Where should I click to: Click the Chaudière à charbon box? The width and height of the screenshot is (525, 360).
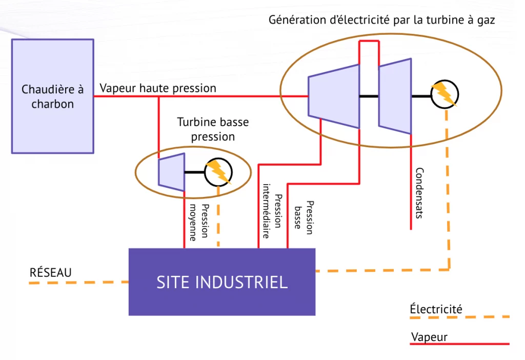52,96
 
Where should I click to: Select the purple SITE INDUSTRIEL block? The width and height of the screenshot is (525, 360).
221,282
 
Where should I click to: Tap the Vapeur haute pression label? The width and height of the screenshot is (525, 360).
158,88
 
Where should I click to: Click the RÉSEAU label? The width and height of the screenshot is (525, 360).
50,272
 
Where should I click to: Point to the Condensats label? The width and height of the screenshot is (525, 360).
419,193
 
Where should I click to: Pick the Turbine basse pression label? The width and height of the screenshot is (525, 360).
213,129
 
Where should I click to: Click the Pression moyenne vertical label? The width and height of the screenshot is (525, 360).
199,222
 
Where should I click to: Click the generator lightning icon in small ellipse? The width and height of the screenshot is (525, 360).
218,172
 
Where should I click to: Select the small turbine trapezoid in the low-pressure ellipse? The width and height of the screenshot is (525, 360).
171,172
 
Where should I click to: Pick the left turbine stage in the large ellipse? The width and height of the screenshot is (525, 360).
333,96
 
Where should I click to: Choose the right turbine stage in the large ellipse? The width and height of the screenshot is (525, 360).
395,96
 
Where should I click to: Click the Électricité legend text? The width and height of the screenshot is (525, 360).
436,309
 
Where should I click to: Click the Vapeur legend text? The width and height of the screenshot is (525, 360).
429,337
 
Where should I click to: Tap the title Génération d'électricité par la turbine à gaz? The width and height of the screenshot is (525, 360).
381,20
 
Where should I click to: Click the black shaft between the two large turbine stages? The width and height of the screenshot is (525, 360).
369,96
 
